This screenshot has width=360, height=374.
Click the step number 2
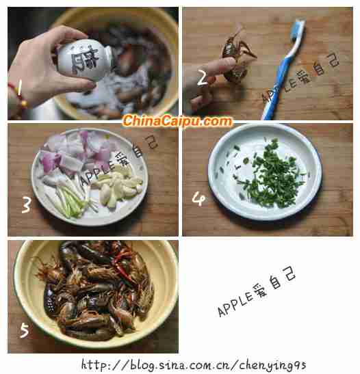pyautogui.click(x=203, y=77)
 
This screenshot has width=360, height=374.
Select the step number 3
pyautogui.click(x=26, y=204)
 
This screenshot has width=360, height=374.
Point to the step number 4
pyautogui.click(x=198, y=199)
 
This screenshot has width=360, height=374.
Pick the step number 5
pyautogui.click(x=25, y=330)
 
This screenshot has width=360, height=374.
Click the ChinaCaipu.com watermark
pyautogui.click(x=177, y=121)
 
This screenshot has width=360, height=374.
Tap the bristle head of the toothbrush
pyautogui.click(x=297, y=30)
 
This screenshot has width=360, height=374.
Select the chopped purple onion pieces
pyautogui.click(x=77, y=152)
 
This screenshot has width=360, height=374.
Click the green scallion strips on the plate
pyautogui.click(x=69, y=198)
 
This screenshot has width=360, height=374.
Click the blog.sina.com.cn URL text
pyautogui.click(x=194, y=365)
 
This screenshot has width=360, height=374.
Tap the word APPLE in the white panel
pyautogui.click(x=235, y=303)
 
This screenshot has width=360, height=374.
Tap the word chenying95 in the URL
pyautogui.click(x=272, y=366)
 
